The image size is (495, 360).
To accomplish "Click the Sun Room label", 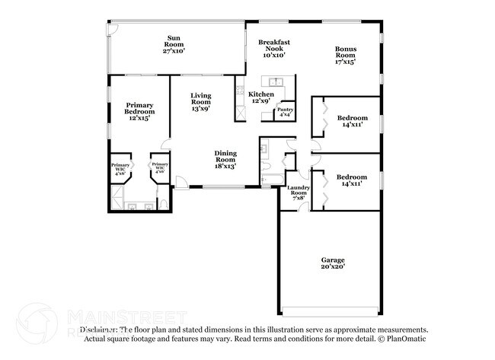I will [174, 40].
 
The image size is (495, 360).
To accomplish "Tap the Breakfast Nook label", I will [274, 45].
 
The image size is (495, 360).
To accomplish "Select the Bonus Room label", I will [346, 53].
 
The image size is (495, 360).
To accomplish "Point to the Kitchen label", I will [261, 94].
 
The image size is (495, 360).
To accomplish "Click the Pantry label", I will [285, 110].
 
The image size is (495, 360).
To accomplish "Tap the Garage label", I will [333, 260].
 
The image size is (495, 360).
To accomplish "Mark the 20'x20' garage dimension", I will [333, 267].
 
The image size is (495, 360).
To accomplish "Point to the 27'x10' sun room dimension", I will [174, 51].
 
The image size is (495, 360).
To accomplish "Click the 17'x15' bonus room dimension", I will [346, 62].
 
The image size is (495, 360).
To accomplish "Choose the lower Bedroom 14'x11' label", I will [353, 180].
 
